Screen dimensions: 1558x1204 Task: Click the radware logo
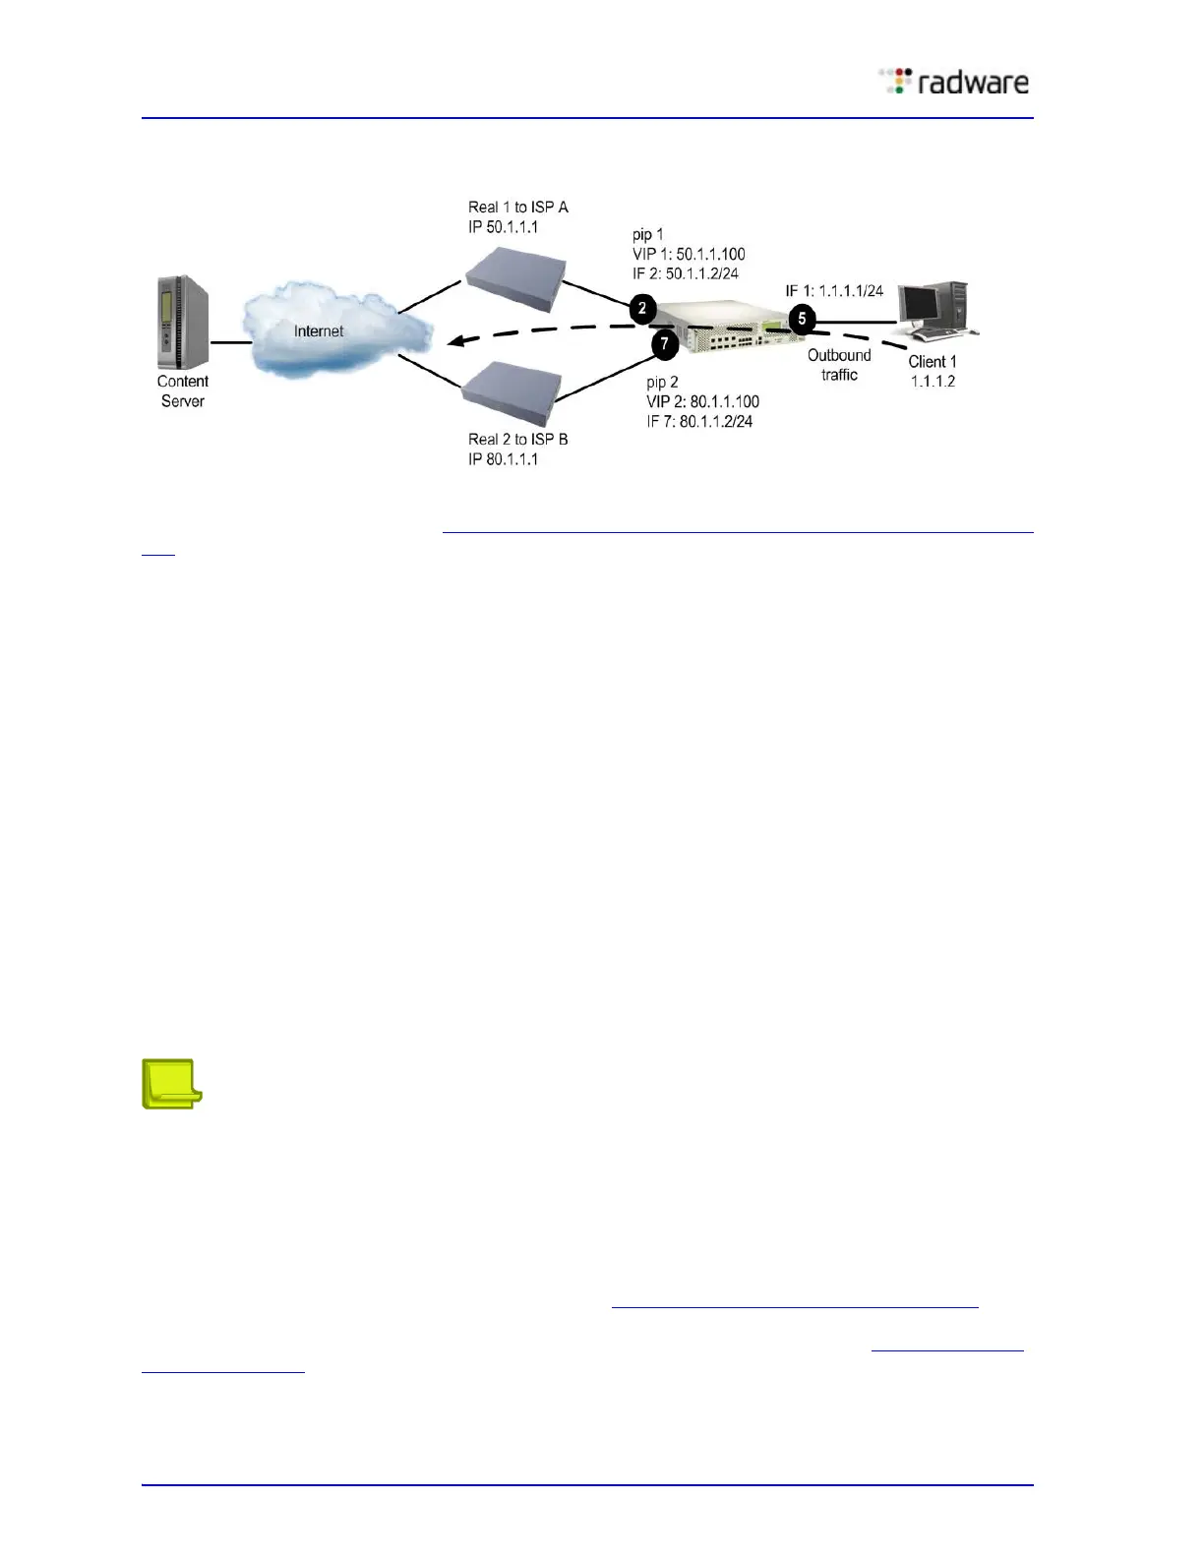point(954,82)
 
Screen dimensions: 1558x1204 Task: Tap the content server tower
point(182,323)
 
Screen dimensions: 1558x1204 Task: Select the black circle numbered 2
point(642,309)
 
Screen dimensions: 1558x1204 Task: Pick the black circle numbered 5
point(802,319)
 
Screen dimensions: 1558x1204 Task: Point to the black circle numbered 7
point(665,344)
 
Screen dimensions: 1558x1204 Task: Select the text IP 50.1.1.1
point(503,227)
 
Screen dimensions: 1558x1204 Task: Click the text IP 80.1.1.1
point(503,459)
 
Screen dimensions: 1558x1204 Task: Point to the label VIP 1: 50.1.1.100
point(689,254)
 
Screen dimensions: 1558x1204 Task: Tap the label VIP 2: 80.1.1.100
point(702,401)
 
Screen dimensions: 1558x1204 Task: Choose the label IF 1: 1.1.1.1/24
point(834,291)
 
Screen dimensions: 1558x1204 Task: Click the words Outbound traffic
point(839,365)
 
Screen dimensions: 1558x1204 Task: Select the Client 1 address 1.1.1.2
point(933,382)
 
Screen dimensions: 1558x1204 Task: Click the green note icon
point(172,1083)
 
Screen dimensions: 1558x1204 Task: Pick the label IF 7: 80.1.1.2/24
point(699,421)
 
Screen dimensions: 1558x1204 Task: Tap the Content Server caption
point(183,391)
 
